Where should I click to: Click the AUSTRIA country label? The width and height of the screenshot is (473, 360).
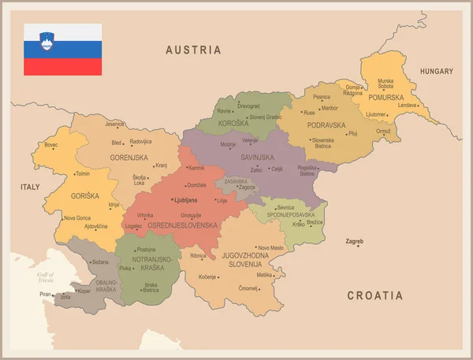193,50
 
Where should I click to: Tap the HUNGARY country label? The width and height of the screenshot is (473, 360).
436,71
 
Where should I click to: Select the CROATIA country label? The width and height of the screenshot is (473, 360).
375,295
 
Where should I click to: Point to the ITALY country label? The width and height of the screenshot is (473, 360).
30,187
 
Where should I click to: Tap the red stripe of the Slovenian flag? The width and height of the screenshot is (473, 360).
62,67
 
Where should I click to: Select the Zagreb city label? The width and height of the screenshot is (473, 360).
355,240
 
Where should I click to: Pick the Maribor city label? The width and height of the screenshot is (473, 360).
329,108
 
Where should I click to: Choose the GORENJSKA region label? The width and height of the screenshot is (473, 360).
129,158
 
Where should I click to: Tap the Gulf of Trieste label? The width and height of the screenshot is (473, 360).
45,276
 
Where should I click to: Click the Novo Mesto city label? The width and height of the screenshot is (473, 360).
270,248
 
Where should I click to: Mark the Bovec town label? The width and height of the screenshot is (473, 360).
50,145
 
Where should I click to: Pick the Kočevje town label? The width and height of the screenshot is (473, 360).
207,277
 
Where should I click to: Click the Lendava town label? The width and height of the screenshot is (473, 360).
407,105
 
